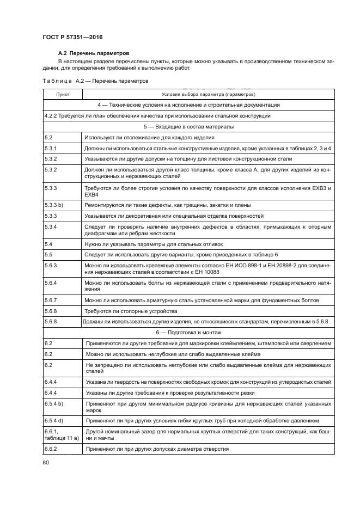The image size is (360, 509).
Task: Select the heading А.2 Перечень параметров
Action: point(93,53)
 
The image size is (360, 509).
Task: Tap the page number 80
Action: point(46,462)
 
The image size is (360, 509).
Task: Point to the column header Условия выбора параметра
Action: point(208,94)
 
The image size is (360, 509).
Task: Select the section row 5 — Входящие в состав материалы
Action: point(188,126)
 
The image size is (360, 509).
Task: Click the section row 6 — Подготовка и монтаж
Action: point(188,332)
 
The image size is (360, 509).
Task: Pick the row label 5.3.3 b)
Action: point(56,205)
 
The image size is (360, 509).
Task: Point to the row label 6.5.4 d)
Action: point(56,421)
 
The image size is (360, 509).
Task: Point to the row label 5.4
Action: point(48,244)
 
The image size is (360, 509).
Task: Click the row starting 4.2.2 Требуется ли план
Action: point(158,115)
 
